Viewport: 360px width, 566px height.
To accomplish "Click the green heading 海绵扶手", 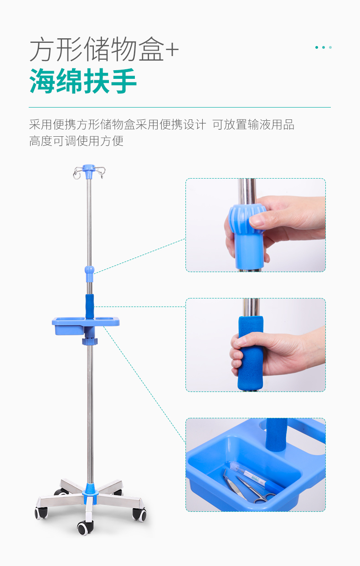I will click(83, 82).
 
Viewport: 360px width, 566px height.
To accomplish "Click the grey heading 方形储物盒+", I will click(104, 51).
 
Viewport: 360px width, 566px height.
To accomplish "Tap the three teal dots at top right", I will click(324, 47).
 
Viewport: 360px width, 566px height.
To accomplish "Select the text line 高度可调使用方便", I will click(76, 141).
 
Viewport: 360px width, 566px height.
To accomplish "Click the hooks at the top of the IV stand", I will click(89, 171).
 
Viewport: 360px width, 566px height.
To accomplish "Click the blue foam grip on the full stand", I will click(90, 306).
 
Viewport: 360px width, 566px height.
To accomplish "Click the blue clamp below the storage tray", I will click(90, 340).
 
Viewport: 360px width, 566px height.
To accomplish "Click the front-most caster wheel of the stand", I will click(84, 528).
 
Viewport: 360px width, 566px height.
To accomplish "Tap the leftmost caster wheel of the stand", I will click(41, 513).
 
